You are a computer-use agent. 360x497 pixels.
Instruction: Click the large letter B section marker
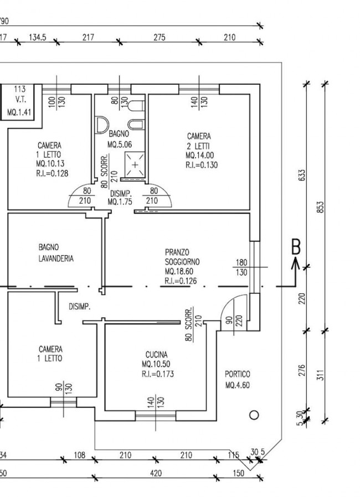tap(296, 247)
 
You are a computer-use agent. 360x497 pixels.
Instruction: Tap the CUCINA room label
tap(156, 355)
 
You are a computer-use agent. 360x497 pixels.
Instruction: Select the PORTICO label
tap(238, 374)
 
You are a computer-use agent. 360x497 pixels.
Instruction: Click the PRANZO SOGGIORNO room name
tap(182, 257)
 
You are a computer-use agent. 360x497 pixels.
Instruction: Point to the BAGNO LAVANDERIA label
tap(56, 253)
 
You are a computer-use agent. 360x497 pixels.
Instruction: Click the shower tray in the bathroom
tap(135, 164)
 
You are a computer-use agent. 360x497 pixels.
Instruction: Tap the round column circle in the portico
tap(254, 415)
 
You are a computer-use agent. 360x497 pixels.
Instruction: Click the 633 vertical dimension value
tap(302, 175)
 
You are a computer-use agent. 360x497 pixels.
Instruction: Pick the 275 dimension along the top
tap(160, 38)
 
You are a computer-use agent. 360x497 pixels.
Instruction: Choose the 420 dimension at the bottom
tap(156, 474)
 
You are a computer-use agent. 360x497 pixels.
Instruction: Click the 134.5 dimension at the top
tap(38, 38)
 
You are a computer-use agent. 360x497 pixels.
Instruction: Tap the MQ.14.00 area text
tap(200, 156)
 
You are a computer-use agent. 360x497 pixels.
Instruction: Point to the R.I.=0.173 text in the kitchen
tap(158, 374)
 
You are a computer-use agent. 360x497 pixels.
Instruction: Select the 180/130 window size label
tap(241, 267)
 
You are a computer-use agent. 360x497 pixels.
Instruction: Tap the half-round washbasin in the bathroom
tap(102, 125)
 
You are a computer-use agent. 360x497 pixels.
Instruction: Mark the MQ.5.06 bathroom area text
tap(120, 145)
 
